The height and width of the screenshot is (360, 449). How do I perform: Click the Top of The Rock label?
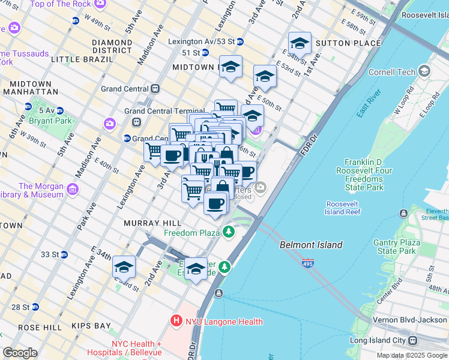(x=60, y=4)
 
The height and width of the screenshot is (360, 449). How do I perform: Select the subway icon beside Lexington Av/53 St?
(x=240, y=41)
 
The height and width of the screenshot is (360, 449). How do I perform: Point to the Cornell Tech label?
(x=391, y=72)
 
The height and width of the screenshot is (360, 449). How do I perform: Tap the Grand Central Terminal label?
(x=164, y=111)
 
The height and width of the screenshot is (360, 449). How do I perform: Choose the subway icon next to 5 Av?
(x=28, y=107)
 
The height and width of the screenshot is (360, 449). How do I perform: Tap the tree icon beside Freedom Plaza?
(x=228, y=232)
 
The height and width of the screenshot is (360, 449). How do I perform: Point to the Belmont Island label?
(x=311, y=245)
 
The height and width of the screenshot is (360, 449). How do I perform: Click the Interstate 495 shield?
(x=308, y=262)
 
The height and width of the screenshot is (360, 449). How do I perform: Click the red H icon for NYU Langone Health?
(x=176, y=321)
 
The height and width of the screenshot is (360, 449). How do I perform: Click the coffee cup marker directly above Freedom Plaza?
(x=215, y=202)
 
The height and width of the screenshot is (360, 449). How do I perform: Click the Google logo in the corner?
(x=20, y=352)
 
